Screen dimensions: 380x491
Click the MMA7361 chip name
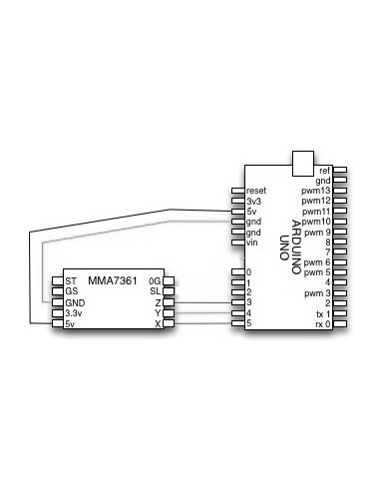(x=112, y=280)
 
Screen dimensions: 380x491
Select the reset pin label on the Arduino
(x=256, y=190)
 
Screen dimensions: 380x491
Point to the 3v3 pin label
(x=252, y=201)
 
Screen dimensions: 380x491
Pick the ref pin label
(x=324, y=171)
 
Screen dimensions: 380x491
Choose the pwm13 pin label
(x=316, y=191)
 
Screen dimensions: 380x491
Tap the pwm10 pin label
(x=316, y=222)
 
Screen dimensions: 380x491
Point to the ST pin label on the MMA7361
(x=71, y=281)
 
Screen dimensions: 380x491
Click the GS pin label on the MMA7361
(x=72, y=291)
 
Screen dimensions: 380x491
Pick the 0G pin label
(x=155, y=281)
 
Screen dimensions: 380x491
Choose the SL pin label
(x=156, y=291)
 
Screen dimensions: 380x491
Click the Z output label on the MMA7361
(x=158, y=302)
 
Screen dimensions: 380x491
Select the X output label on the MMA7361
(x=158, y=324)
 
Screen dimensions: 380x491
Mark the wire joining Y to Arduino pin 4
(x=204, y=313)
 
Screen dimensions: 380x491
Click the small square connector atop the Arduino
(x=300, y=161)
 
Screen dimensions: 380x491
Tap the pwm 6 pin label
(x=318, y=262)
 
